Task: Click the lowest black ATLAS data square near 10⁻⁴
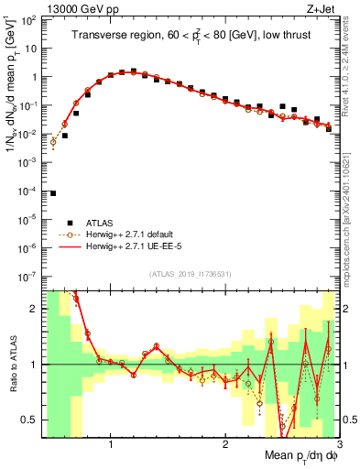pos(53,193)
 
